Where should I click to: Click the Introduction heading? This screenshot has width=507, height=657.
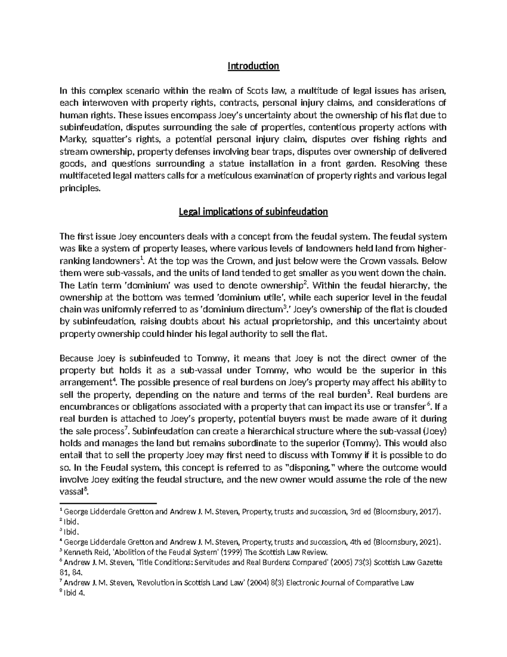click(x=253, y=66)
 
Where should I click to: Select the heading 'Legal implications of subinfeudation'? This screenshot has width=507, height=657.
click(x=253, y=212)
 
